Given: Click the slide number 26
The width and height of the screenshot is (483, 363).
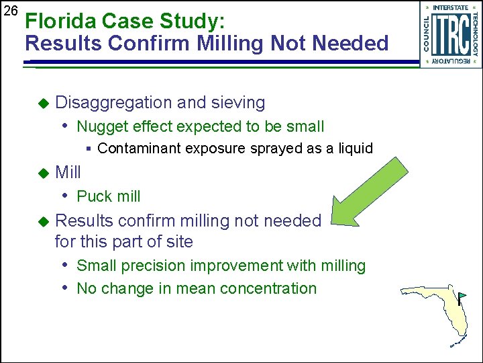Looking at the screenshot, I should pos(10,11).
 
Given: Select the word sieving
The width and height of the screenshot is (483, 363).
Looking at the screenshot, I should pos(238,103).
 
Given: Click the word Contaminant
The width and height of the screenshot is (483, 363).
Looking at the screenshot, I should pos(136,149).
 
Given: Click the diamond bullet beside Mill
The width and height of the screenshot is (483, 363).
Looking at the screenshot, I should pos(44,173).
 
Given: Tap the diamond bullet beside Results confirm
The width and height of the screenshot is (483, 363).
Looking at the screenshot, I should pos(44,221).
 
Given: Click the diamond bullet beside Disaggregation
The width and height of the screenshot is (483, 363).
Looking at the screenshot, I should pos(44,104).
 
